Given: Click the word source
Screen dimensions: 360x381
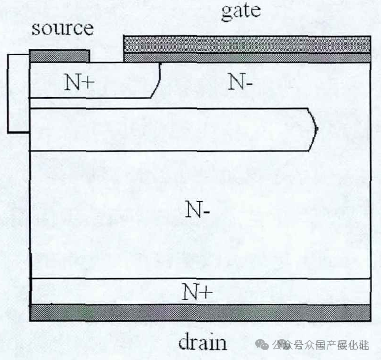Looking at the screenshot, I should pyautogui.click(x=62, y=28).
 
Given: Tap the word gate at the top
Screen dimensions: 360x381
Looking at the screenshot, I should pyautogui.click(x=240, y=11).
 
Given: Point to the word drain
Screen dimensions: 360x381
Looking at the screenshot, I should pyautogui.click(x=203, y=342).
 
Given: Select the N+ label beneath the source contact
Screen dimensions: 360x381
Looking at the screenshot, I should pyautogui.click(x=79, y=82).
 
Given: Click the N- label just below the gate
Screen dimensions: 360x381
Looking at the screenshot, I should pyautogui.click(x=240, y=82).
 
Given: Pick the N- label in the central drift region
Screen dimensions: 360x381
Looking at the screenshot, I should pyautogui.click(x=198, y=211).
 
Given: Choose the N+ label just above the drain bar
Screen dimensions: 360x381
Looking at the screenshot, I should pyautogui.click(x=197, y=292).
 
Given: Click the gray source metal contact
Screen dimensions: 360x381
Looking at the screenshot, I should pyautogui.click(x=60, y=55).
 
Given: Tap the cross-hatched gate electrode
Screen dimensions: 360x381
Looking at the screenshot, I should pyautogui.click(x=247, y=45).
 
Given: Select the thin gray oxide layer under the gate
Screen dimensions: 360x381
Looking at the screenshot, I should pyautogui.click(x=247, y=58).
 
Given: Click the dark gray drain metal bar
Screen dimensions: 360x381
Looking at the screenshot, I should pyautogui.click(x=200, y=312).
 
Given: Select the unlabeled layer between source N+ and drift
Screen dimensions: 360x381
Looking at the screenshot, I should pyautogui.click(x=168, y=129).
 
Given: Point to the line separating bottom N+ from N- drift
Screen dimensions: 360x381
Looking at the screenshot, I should pyautogui.click(x=200, y=279).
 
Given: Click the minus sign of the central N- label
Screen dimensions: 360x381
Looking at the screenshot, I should pyautogui.click(x=208, y=213).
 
